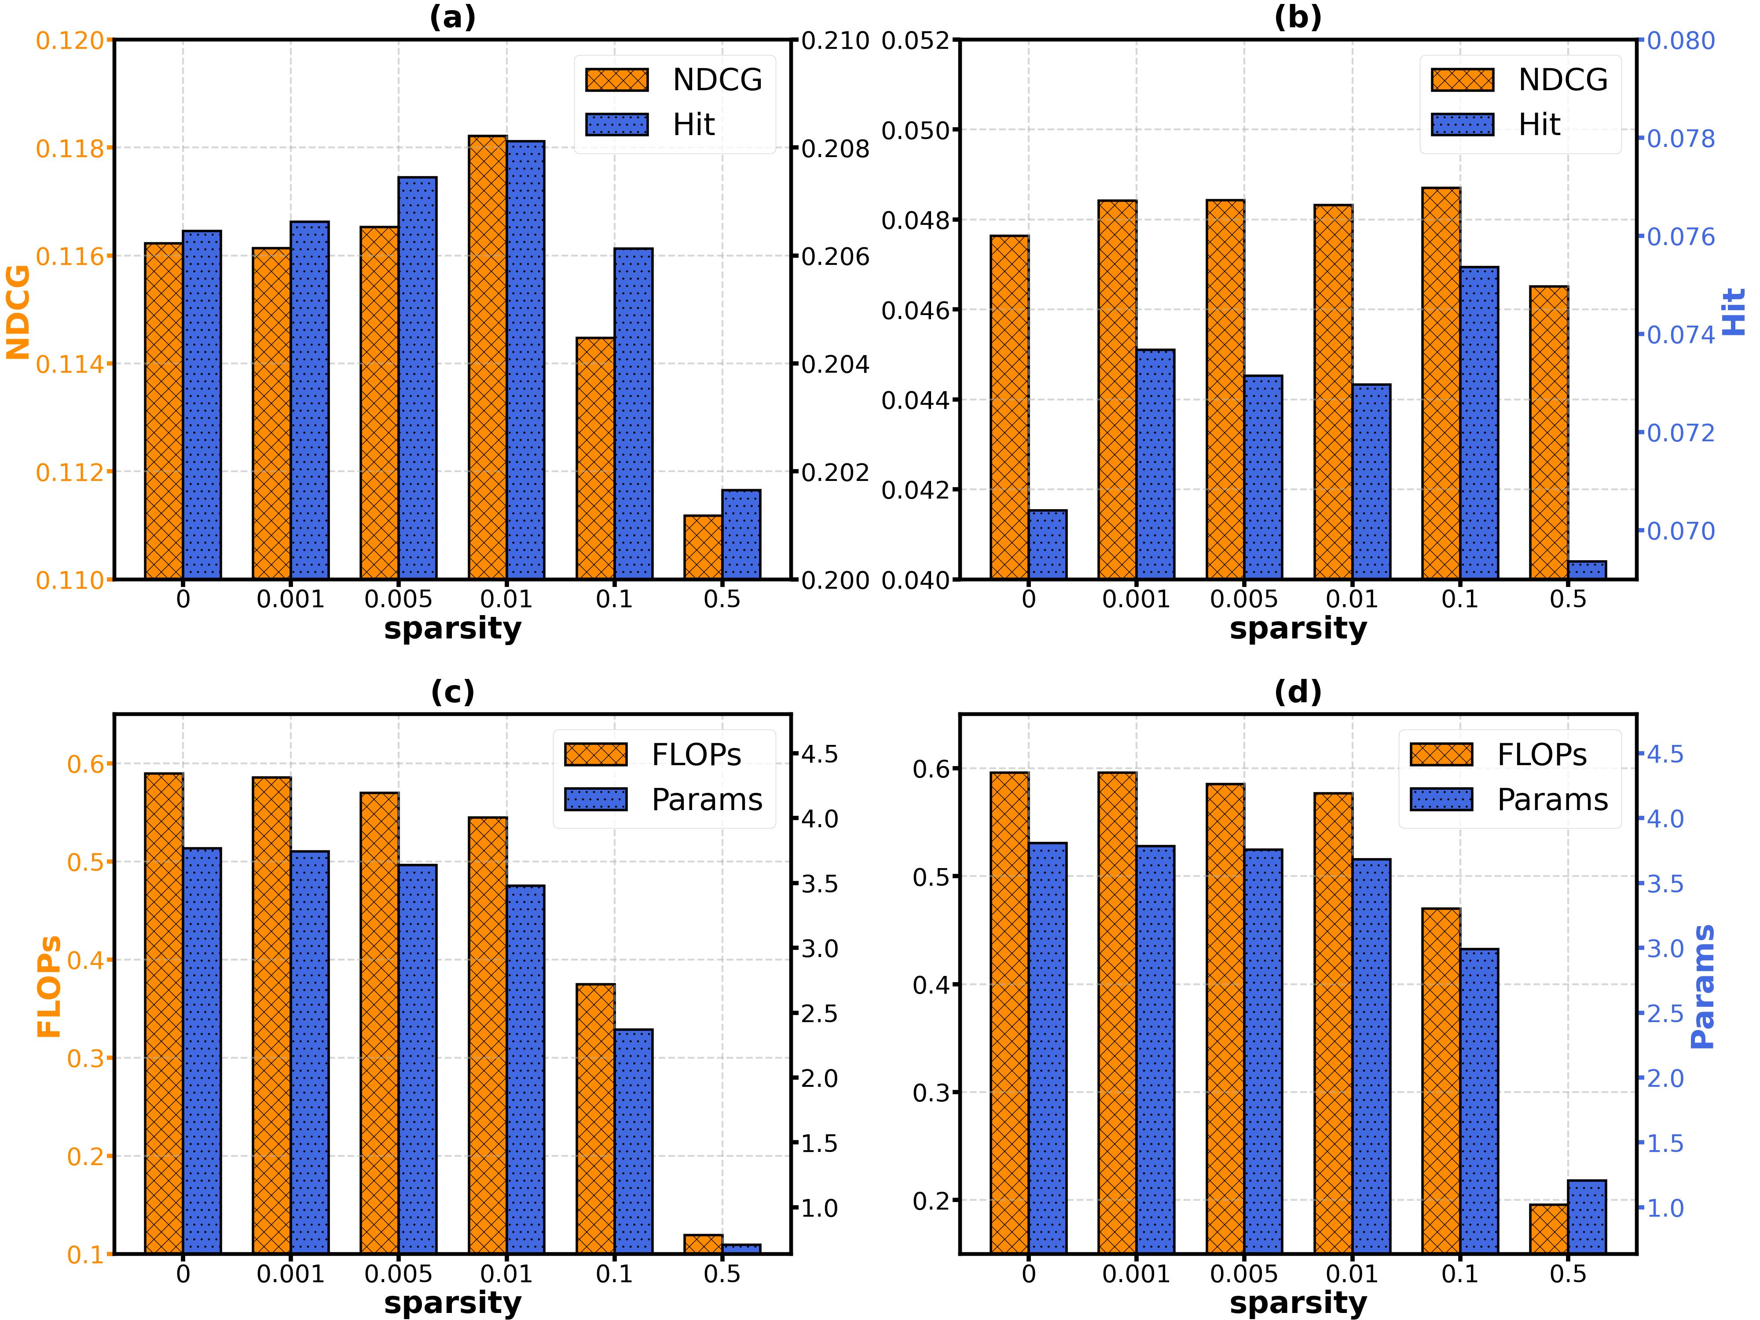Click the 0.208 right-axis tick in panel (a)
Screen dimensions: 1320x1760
(836, 149)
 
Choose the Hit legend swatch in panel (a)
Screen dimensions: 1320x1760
(616, 125)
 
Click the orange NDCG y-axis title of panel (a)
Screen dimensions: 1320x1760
(18, 312)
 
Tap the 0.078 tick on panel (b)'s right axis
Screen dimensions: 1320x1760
(1680, 139)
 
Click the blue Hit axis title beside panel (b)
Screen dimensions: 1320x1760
(1734, 312)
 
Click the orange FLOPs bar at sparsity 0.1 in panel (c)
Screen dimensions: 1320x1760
(595, 1118)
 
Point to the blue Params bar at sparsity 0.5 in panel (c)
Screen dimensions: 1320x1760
(741, 1249)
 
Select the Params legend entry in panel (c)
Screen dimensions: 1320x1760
(707, 799)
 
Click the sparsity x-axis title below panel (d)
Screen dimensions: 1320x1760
(1298, 1302)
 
